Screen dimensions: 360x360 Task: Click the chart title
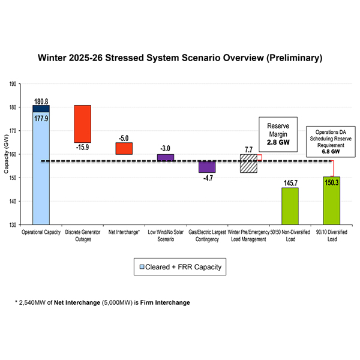180,58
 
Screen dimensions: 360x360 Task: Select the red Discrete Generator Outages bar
82,123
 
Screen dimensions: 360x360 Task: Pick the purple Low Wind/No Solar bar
165,158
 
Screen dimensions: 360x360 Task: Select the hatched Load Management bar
248,163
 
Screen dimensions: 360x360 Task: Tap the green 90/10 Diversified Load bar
331,201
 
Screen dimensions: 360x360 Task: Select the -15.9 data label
82,146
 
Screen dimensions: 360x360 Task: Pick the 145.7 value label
290,183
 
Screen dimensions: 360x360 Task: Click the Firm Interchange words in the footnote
170,303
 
